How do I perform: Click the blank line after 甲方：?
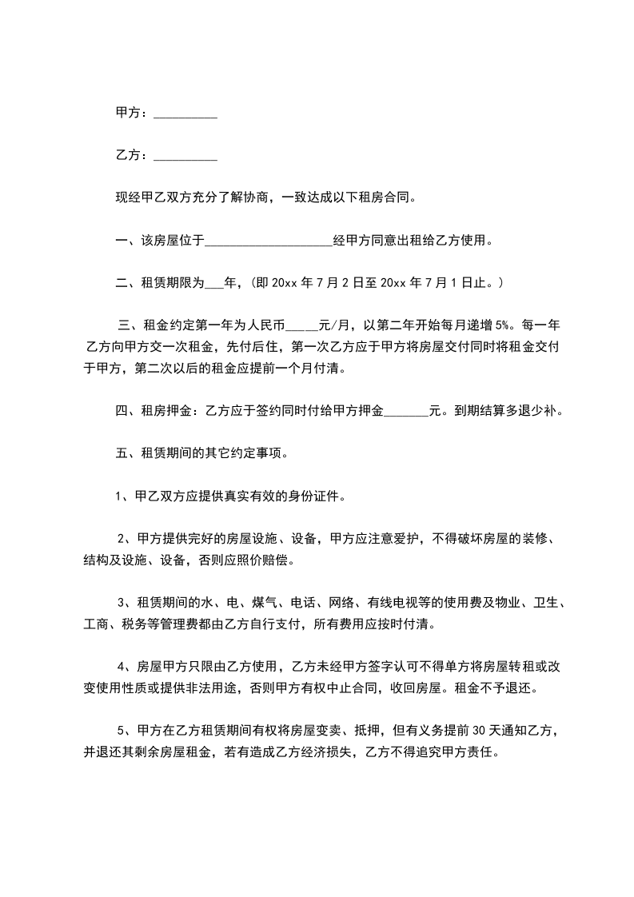tap(185, 116)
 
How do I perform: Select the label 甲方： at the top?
tap(132, 114)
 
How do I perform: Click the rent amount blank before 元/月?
tap(301, 325)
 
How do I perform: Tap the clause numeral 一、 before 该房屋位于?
tap(124, 239)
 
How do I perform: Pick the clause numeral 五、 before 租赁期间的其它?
tap(124, 453)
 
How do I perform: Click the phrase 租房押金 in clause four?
tap(166, 412)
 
